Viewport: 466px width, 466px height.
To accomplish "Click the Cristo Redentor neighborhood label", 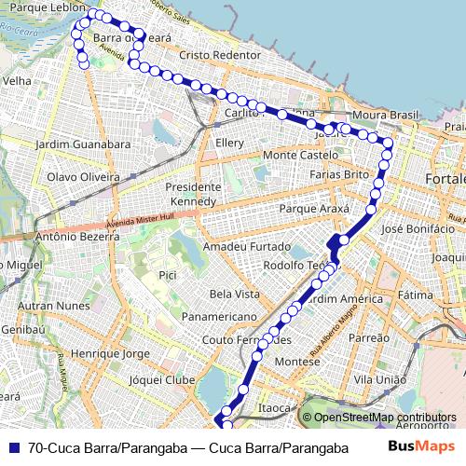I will click(221, 56).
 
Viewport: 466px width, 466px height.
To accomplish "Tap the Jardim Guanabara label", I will click(82, 144).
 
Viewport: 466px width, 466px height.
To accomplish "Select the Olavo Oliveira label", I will click(84, 176).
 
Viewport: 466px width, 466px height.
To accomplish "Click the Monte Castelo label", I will click(300, 155).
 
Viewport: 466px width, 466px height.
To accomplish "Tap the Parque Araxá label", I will click(320, 209).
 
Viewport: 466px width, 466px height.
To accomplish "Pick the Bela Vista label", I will click(235, 294).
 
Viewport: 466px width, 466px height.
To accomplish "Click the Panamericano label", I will click(219, 317).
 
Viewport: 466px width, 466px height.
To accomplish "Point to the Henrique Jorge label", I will click(110, 354).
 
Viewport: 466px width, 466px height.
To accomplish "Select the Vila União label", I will click(380, 380).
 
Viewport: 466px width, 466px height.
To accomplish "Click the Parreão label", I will click(369, 338).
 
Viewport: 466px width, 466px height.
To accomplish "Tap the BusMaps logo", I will click(421, 447).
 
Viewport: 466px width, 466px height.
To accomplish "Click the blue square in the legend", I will click(13, 447).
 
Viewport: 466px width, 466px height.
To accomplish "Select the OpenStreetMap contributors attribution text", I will click(384, 418).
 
